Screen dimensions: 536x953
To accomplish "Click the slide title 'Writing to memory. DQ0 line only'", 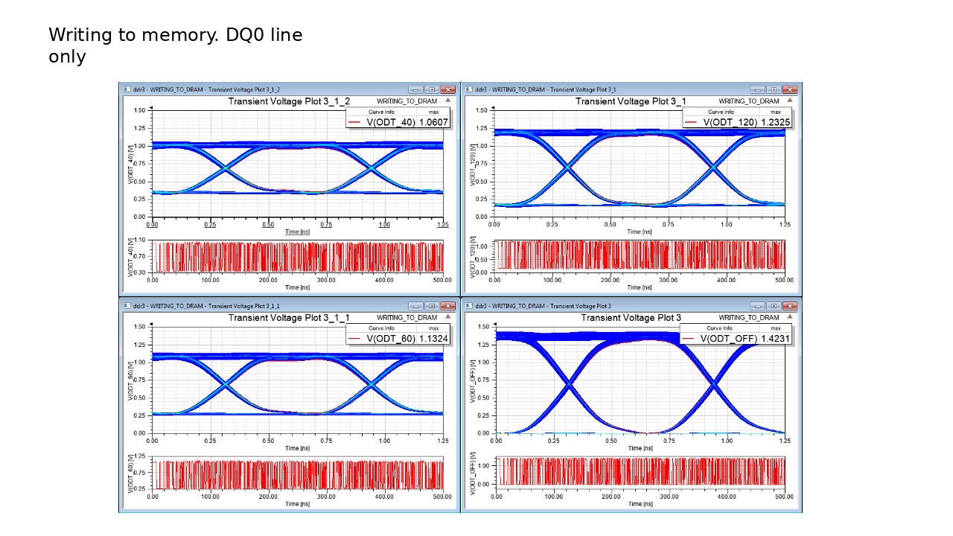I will [176, 45].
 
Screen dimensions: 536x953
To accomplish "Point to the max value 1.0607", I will [434, 122].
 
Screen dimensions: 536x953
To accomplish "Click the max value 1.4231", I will [775, 339].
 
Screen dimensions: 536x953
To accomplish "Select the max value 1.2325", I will [775, 122].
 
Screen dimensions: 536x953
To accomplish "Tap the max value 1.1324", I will [434, 339].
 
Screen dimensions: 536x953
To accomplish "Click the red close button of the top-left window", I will [447, 89].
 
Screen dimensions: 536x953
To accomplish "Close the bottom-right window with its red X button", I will [789, 306].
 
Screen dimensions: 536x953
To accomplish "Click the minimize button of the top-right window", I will [758, 89].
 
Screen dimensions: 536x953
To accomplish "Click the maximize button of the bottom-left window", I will [431, 306].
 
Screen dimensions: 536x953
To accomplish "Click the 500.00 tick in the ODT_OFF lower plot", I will [784, 497].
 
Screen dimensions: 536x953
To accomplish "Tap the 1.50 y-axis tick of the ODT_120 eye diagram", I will [481, 110].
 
